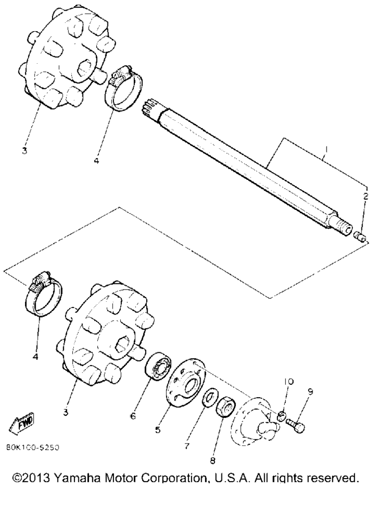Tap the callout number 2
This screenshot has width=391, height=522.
(x=366, y=196)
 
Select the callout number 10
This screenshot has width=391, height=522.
(x=289, y=381)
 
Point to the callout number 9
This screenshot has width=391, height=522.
(x=310, y=392)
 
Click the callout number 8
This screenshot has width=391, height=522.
(x=213, y=461)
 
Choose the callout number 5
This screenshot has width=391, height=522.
(x=158, y=430)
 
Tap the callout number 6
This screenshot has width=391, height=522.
(x=133, y=416)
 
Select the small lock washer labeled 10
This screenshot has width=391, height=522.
(x=281, y=415)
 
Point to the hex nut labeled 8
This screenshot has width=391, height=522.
(x=226, y=406)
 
